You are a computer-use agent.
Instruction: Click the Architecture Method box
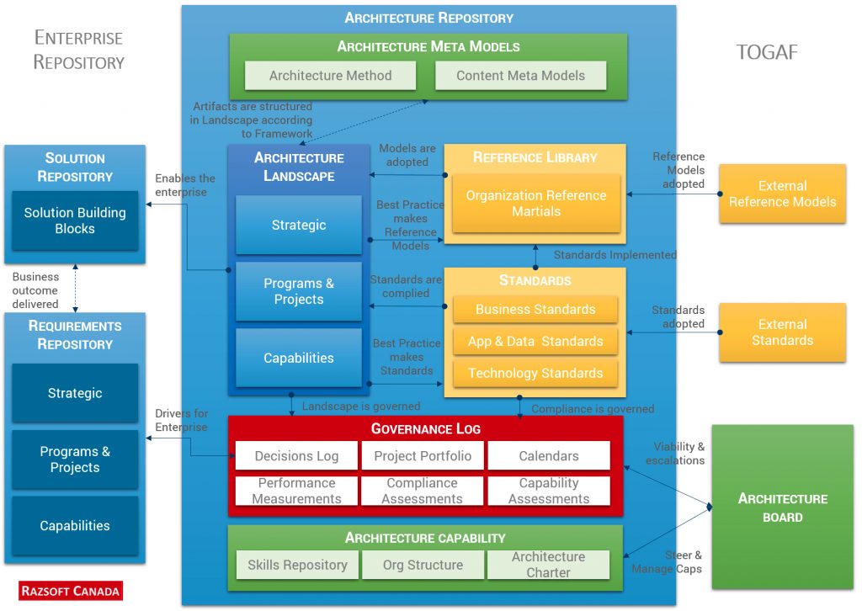click(x=330, y=76)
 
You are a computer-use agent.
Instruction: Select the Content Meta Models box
click(x=520, y=76)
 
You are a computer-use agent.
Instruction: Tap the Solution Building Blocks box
click(x=75, y=220)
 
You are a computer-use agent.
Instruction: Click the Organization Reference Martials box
click(x=536, y=204)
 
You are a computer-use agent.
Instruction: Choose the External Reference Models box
click(x=782, y=194)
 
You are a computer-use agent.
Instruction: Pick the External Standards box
click(x=782, y=332)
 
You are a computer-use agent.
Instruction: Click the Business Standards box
click(x=535, y=309)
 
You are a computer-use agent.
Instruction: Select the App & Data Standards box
click(x=535, y=341)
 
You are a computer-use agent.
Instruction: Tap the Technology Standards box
click(x=535, y=373)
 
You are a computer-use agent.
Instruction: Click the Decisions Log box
click(x=297, y=456)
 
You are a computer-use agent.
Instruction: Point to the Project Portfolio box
click(x=423, y=456)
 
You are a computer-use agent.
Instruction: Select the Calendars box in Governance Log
click(x=548, y=456)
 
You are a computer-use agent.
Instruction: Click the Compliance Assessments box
click(x=423, y=491)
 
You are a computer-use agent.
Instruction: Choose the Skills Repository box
click(x=297, y=565)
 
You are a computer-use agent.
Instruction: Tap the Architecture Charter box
click(x=548, y=565)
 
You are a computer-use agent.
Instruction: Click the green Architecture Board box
click(x=782, y=507)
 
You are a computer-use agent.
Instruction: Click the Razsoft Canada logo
click(x=71, y=591)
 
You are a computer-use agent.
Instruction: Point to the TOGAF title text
click(x=766, y=53)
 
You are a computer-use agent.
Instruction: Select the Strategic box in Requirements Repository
click(x=75, y=393)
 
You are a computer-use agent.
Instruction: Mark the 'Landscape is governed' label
click(x=360, y=406)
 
